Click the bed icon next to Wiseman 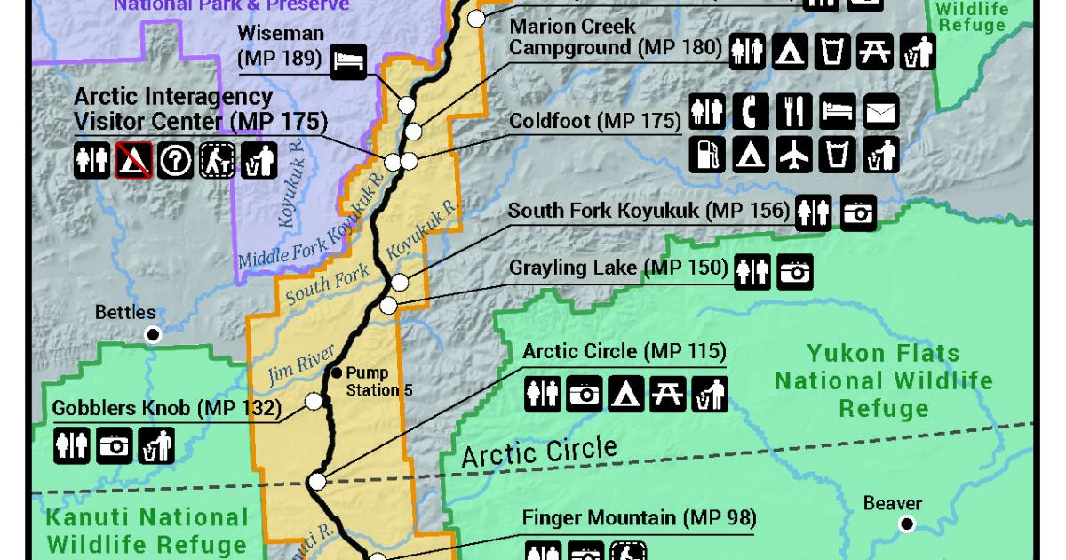347,60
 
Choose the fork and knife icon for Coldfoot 794,112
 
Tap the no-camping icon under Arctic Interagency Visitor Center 132,161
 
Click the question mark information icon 176,161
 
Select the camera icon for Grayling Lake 795,273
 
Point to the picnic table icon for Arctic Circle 668,395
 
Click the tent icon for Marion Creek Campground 789,53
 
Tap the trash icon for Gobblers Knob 156,444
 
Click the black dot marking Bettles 153,334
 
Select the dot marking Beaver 907,524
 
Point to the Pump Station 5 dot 337,372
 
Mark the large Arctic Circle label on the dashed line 539,452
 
